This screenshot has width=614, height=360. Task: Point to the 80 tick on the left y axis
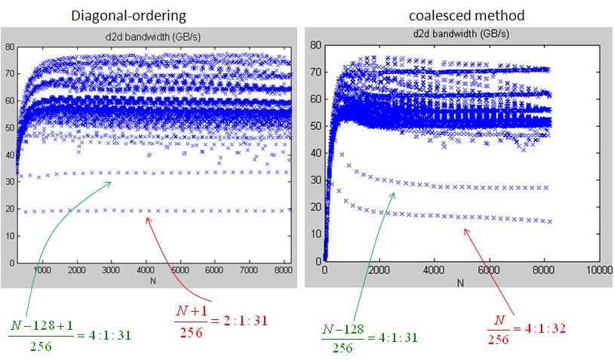11,47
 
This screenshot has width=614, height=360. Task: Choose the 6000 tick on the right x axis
488,269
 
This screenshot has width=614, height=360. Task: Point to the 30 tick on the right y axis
317,180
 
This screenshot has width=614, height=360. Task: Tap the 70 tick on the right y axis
317,72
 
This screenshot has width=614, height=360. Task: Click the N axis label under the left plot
154,280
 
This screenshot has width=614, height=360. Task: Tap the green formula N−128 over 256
342,335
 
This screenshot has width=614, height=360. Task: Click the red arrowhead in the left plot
148,219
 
